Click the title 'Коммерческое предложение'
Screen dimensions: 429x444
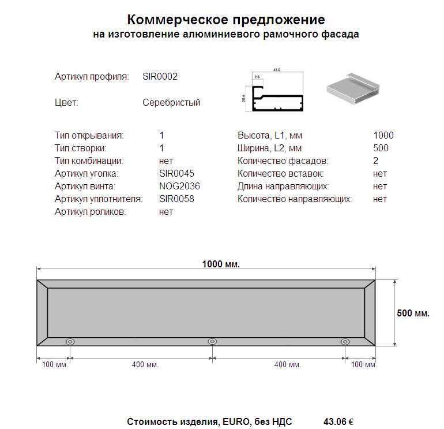[225, 20]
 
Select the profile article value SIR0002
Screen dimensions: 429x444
[160, 77]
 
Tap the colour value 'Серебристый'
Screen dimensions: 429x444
[171, 103]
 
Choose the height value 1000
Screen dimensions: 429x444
[383, 136]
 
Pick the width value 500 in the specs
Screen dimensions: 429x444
[381, 148]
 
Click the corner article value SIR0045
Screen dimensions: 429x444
[176, 174]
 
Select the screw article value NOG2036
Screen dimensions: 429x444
[179, 186]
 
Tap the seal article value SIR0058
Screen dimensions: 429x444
[176, 199]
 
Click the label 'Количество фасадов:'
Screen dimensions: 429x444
[283, 161]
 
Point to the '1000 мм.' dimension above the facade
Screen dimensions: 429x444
[221, 264]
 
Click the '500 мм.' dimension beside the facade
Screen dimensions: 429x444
[413, 314]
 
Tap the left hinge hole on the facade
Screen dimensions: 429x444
[70, 342]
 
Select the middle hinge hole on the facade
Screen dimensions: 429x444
[212, 342]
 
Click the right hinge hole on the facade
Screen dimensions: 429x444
[345, 342]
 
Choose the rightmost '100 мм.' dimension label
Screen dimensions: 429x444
[363, 365]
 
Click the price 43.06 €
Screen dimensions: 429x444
[338, 422]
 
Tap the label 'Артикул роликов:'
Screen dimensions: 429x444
[90, 212]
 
